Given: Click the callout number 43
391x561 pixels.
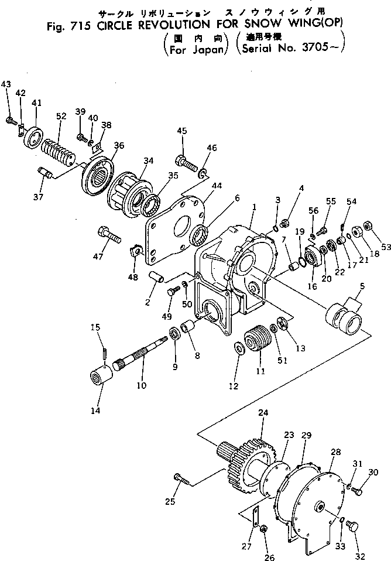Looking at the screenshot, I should [6, 85].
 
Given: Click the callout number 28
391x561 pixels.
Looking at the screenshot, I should [335, 452].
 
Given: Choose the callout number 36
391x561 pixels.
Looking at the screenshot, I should [119, 146].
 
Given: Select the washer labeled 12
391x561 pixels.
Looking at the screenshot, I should [239, 349].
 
